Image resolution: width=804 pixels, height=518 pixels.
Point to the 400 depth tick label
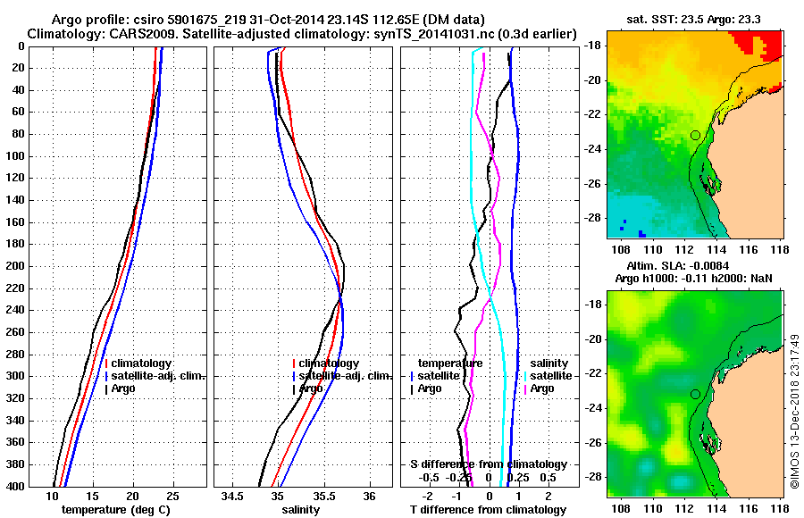pyautogui.click(x=15, y=486)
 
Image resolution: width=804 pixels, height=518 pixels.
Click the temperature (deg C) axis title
pyautogui.click(x=117, y=509)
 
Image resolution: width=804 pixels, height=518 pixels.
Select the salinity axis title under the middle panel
pyautogui.click(x=300, y=509)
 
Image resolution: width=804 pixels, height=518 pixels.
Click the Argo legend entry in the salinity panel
pyautogui.click(x=309, y=388)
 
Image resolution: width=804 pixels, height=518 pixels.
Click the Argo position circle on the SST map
pyautogui.click(x=695, y=135)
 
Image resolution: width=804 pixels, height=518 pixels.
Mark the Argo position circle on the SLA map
pyautogui.click(x=695, y=394)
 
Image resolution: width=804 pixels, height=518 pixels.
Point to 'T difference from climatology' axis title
pyautogui.click(x=489, y=509)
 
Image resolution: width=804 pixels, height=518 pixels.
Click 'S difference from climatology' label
pyautogui.click(x=489, y=464)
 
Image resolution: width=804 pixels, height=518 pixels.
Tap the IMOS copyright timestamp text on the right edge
pyautogui.click(x=794, y=411)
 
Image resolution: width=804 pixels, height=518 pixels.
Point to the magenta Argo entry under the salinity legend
pyautogui.click(x=540, y=388)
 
